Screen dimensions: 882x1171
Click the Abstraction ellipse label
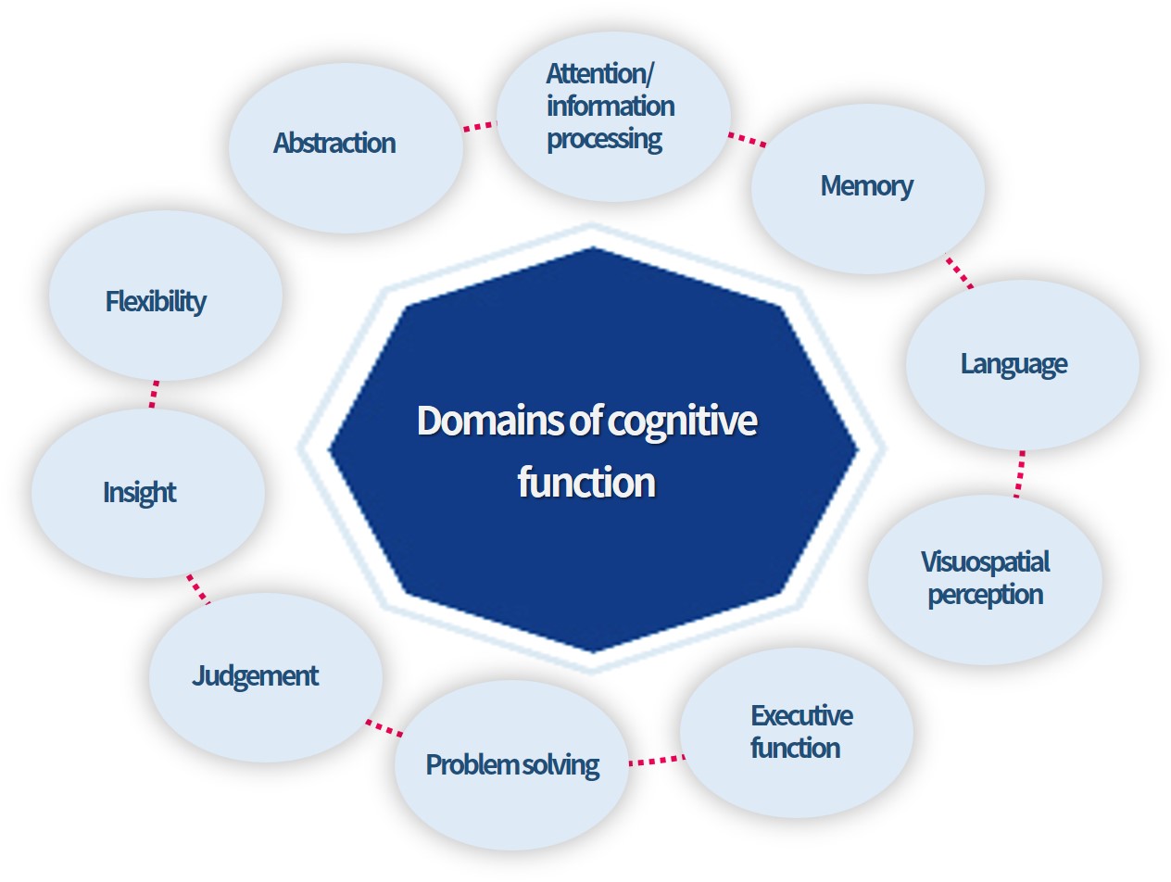pos(334,143)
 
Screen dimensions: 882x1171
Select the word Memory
pos(866,185)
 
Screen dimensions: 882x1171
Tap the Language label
pos(1014,363)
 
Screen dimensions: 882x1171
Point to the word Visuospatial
pos(985,561)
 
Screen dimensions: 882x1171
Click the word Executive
pos(801,715)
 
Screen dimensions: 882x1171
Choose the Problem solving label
pos(511,764)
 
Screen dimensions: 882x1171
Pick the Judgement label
pos(256,675)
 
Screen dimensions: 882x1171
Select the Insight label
pos(140,492)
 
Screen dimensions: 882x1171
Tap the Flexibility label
pos(156,301)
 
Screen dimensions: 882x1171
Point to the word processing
pos(604,139)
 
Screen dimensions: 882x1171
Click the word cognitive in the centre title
pos(683,422)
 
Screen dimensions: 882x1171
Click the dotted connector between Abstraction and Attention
pos(479,126)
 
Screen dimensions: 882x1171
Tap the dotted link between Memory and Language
pos(960,272)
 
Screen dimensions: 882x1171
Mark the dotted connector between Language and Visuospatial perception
pos(1020,473)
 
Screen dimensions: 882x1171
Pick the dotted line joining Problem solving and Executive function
pos(657,761)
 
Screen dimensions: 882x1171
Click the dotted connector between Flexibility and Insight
pos(154,394)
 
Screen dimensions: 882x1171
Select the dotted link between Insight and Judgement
pos(197,588)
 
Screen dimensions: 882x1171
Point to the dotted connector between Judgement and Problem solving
pos(384,727)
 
